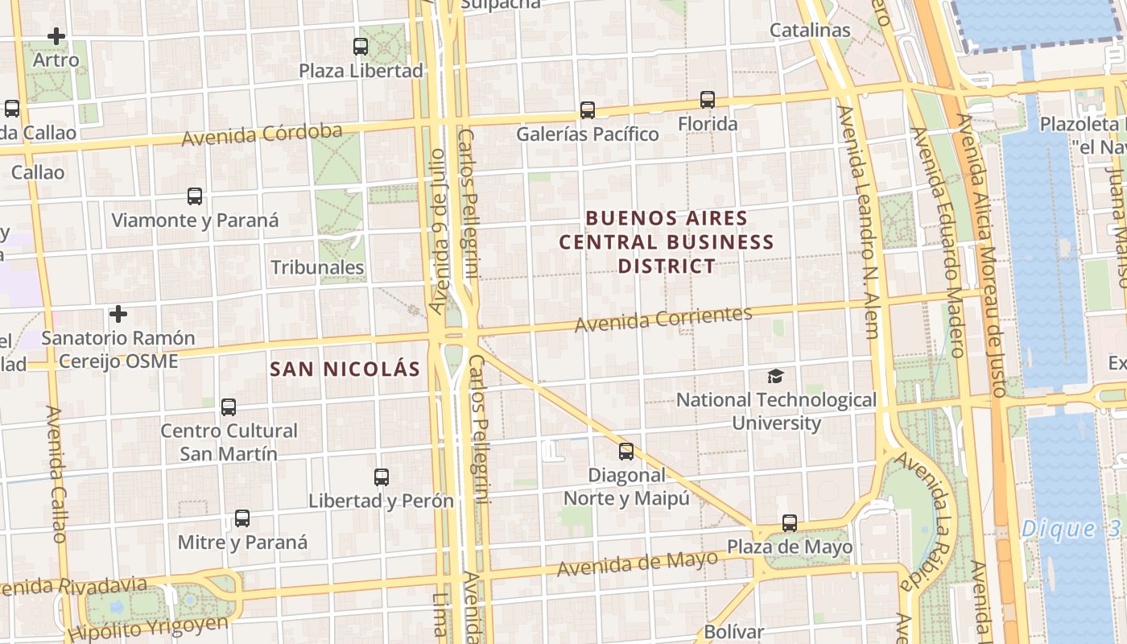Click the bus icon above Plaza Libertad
pos(361,47)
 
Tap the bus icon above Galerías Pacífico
pos(588,110)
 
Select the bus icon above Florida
pos(708,100)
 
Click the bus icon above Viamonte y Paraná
pos(195,196)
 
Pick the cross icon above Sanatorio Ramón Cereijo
pos(118,313)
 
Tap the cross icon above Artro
pos(56,36)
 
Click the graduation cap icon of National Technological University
pos(775,376)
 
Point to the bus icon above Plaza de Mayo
pos(790,523)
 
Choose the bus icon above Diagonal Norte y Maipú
pos(626,452)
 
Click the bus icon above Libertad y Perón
pos(382,477)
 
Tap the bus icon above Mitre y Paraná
pos(242,518)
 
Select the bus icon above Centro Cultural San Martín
pos(229,407)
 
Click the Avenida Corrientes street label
pos(663,318)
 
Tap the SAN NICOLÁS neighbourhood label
pos(345,369)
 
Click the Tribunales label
pos(317,267)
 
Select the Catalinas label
pos(810,31)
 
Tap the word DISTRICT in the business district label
pos(667,266)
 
